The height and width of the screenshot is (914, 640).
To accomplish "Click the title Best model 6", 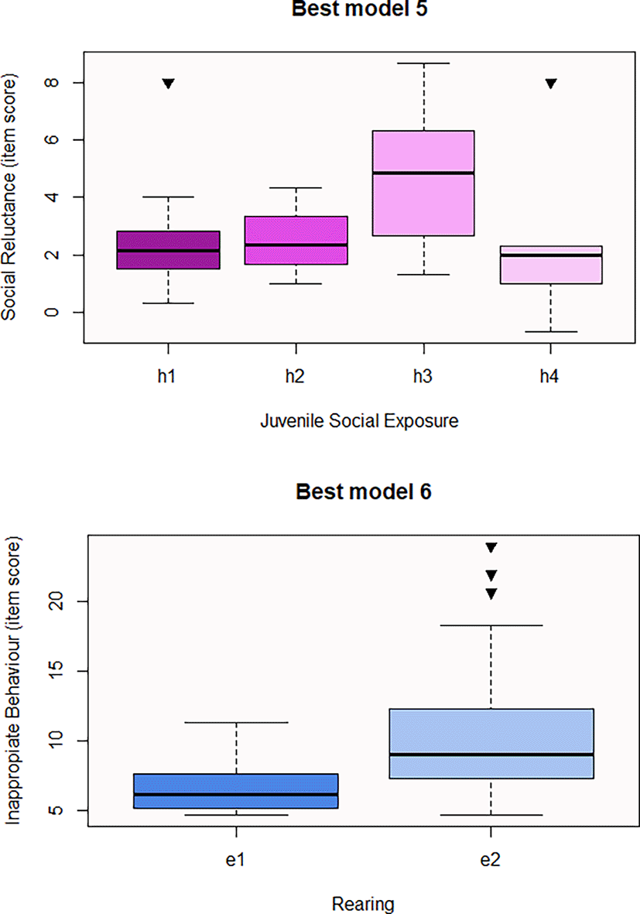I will point(363,492).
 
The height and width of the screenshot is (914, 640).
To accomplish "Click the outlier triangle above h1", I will point(169,84).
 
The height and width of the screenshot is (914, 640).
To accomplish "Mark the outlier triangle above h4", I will point(550,84).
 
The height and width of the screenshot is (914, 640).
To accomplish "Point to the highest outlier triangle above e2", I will point(491,548).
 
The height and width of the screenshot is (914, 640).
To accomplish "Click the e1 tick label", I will point(235,861).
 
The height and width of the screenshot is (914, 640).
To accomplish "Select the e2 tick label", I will point(491,861).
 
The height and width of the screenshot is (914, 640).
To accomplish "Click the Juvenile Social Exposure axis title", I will point(359,422).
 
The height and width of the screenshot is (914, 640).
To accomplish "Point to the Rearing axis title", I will point(363,903).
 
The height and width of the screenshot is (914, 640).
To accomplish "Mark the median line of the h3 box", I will point(423,173).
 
